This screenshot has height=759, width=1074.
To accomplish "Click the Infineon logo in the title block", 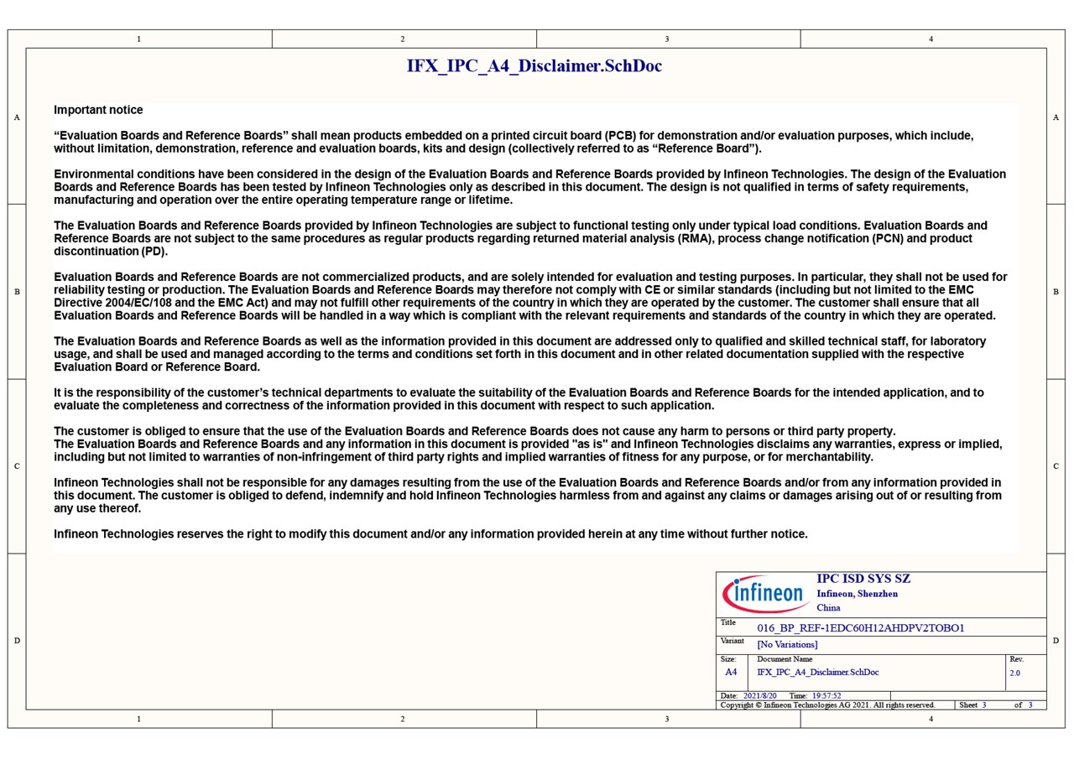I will pos(764,594).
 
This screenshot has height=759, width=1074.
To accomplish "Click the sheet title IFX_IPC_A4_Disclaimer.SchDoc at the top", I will pos(534,66).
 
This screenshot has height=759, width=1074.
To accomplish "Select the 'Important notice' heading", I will pos(98,110).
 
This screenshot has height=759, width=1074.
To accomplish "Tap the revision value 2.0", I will pos(1014,673).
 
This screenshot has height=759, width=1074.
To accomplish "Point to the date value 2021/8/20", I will pos(760,696).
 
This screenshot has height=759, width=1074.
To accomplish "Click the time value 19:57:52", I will pos(826,696).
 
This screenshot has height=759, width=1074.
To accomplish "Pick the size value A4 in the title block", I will pos(731,672).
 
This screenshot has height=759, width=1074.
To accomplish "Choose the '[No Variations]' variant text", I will pos(787,644).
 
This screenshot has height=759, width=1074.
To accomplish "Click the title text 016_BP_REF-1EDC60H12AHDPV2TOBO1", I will pos(860,628).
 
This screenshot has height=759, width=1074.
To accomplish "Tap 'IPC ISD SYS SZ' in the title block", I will pos(863,579).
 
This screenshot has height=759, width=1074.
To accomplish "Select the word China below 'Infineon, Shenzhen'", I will pos(828,607).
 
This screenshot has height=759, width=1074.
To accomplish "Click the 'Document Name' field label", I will pos(785,659).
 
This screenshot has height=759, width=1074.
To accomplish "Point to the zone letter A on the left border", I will pos(17,117).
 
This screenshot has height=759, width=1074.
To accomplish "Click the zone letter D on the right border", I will pos(1056,641).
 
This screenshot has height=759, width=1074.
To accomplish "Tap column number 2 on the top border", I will pos(403,39).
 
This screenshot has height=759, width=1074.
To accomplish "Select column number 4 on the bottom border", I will pos(931,719).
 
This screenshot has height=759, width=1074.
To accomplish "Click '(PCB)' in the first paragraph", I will pos(621,136).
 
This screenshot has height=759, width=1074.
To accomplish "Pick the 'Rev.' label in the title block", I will pos(1016,659).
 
